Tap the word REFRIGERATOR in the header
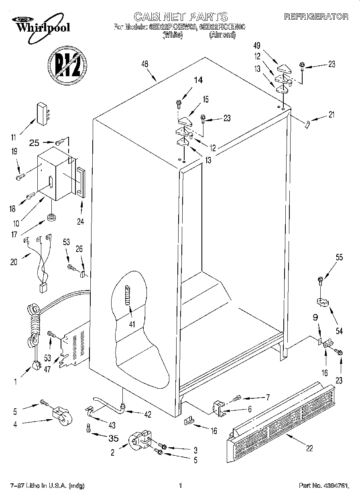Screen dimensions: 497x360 coord(316,17)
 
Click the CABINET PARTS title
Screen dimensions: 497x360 coord(180,16)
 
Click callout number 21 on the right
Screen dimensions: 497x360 coord(331,114)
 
